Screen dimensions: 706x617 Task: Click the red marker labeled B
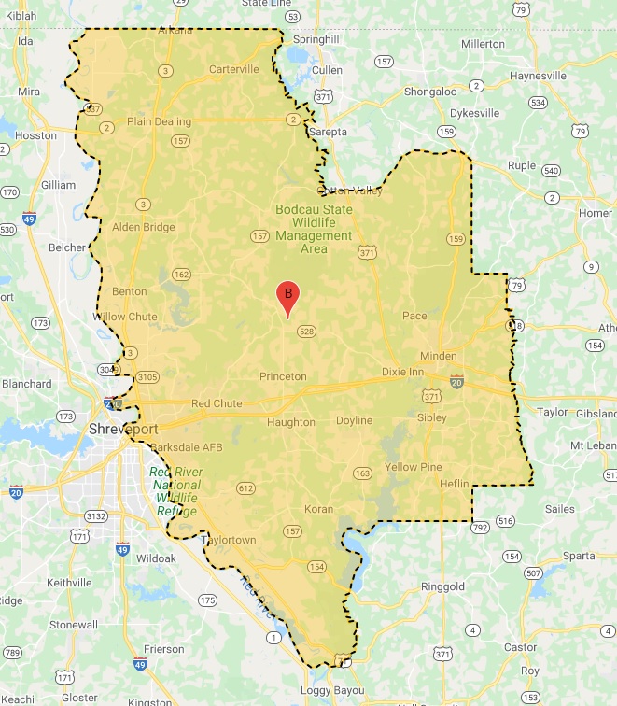pyautogui.click(x=288, y=296)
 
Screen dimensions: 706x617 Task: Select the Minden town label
pyautogui.click(x=439, y=356)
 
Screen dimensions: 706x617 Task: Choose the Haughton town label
pyautogui.click(x=291, y=422)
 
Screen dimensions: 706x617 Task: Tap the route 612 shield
pyautogui.click(x=246, y=488)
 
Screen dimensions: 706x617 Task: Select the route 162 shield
pyautogui.click(x=181, y=275)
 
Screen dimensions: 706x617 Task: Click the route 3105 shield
pyautogui.click(x=147, y=377)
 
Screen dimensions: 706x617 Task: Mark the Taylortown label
pyautogui.click(x=230, y=540)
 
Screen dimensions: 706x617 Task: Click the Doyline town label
pyautogui.click(x=355, y=420)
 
